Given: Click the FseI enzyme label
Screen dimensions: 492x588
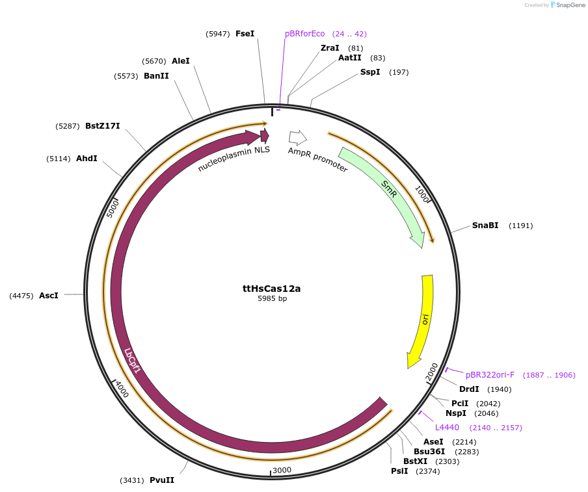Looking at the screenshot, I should coord(245,33).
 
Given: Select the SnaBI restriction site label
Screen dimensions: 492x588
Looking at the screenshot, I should coord(485,226).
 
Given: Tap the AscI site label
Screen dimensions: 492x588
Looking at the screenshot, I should coord(49,295).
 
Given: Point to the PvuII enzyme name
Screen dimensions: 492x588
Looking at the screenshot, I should coord(162,480).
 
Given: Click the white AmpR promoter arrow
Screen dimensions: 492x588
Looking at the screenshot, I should coord(297,137).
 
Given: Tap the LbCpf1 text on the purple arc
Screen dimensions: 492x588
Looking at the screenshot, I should coord(133,361).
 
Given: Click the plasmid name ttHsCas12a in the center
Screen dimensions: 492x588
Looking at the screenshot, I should coord(272,288).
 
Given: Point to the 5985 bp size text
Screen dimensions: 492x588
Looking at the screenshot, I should coord(272,299).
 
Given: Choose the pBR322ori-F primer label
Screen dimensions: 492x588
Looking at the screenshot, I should coord(490,375).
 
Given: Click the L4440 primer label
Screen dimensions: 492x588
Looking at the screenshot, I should coord(447,428).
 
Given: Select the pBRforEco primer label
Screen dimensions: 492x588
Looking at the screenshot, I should coord(304,34).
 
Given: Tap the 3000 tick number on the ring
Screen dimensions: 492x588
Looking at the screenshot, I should coord(282,470).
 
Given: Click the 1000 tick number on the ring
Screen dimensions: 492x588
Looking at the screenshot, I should coord(422,194).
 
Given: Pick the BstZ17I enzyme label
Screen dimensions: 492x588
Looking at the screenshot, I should coord(103,126).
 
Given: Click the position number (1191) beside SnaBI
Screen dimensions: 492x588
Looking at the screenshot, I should coord(520,226).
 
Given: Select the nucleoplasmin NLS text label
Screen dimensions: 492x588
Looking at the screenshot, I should coord(234,158).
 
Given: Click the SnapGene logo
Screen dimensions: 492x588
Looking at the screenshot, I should coord(567,5).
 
